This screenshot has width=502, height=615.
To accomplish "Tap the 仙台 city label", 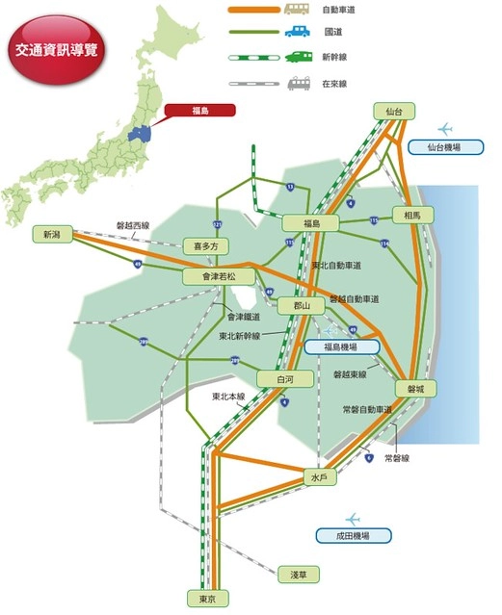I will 393,113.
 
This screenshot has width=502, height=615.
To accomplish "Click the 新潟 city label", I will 50,234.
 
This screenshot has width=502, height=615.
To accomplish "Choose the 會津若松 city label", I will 211,277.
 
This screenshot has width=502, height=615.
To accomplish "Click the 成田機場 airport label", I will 356,535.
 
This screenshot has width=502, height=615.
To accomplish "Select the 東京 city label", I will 206,598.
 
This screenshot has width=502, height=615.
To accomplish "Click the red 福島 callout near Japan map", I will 200,111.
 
